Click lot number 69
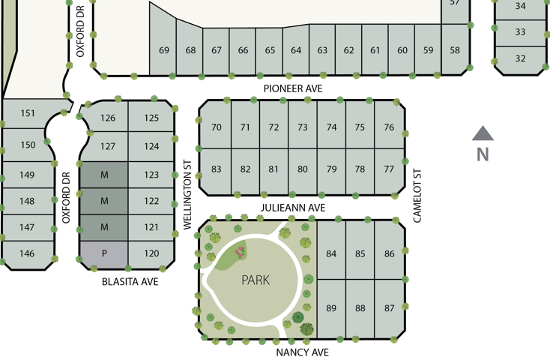pos(164,50)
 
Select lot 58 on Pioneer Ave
pos(455,50)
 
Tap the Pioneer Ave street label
pos(293,88)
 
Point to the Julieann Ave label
pos(293,208)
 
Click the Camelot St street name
pos(418,195)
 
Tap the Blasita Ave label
pos(130,282)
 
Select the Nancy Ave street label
pos(303,352)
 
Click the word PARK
pos(255,280)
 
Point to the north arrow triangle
pos(483,134)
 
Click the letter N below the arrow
pos(483,154)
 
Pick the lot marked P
pos(104,253)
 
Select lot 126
pos(108,118)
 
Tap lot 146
pos(27,253)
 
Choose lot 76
pos(389,127)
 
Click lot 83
pos(217,169)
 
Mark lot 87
pos(389,308)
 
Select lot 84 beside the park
pos(331,253)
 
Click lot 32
pos(520,58)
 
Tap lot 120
pos(151,253)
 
